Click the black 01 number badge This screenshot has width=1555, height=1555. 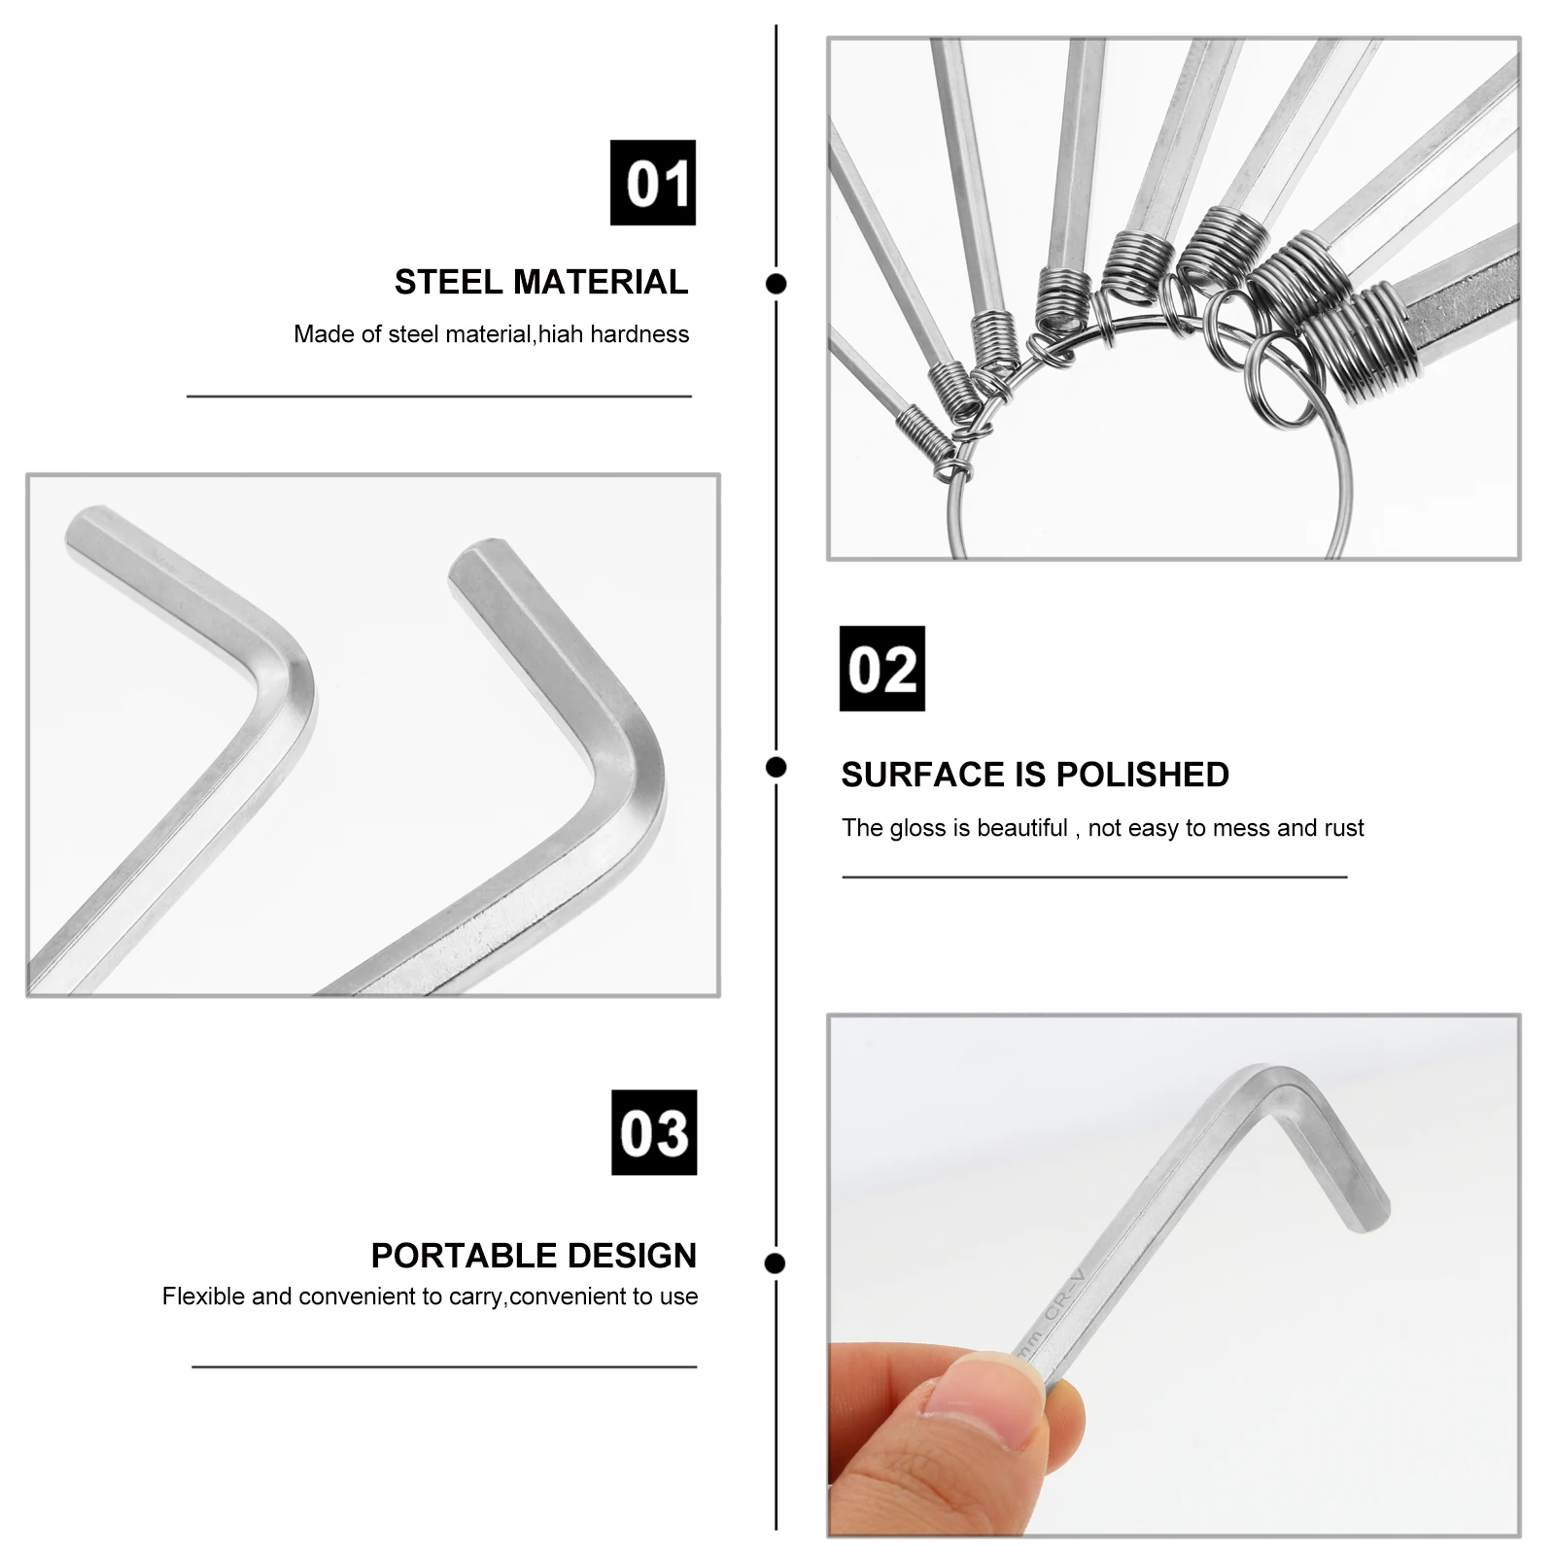(x=652, y=183)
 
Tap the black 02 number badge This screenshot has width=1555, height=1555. (x=881, y=669)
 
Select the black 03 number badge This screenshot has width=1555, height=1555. (x=654, y=1132)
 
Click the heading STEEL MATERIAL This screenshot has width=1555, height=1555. (x=540, y=282)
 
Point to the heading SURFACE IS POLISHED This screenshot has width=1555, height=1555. (x=1035, y=775)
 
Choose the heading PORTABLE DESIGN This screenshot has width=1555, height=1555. (x=534, y=1256)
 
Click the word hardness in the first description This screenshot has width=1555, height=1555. (x=639, y=334)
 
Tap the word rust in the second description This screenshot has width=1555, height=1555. (x=1344, y=828)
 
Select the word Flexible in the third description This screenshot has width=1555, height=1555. (x=203, y=1296)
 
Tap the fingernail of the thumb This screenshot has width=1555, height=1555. (x=982, y=1392)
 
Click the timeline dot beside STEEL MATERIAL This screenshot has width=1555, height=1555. (x=776, y=284)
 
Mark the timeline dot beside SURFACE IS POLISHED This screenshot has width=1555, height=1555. (x=776, y=768)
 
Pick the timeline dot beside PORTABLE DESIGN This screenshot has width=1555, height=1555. (x=776, y=1263)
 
